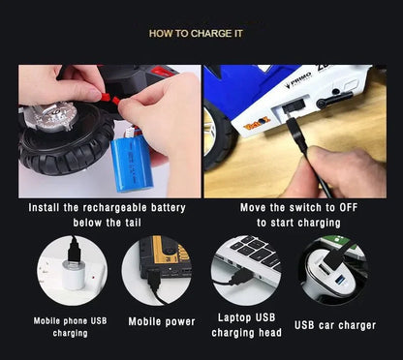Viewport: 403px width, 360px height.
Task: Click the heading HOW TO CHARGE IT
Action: (201, 33)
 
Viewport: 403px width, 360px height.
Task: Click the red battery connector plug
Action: (108, 97)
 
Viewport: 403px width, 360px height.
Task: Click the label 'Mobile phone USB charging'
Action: (71, 326)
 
